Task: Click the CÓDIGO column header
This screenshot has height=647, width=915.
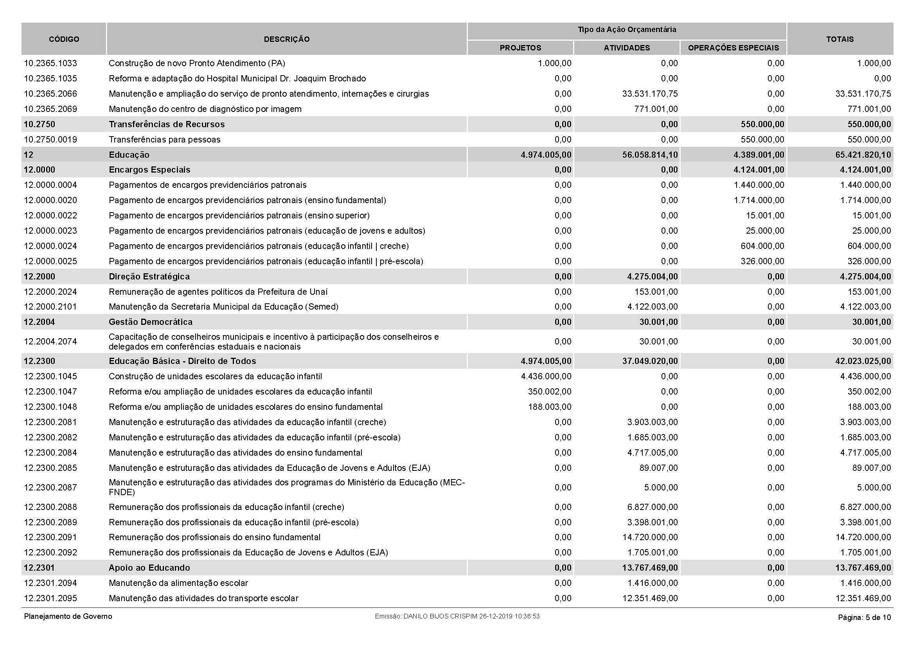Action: click(64, 39)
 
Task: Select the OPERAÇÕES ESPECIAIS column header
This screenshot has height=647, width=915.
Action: click(733, 48)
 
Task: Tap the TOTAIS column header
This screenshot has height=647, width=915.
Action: click(839, 39)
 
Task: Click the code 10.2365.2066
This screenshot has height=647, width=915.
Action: click(50, 94)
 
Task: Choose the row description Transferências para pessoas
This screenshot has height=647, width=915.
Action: click(164, 139)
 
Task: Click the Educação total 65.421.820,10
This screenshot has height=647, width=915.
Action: click(863, 155)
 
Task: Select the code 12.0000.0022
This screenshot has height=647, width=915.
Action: click(50, 215)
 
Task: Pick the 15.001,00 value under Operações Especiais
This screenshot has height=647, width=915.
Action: click(765, 215)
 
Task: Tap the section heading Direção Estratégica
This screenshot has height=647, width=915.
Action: click(149, 276)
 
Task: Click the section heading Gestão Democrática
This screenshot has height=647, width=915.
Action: click(150, 322)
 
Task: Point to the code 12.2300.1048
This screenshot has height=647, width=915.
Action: click(50, 407)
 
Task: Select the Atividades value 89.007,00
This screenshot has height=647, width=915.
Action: click(658, 468)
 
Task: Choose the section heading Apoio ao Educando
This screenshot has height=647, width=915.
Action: click(149, 568)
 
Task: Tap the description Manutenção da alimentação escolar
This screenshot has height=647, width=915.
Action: click(178, 583)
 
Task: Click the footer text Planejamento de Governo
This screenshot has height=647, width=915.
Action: click(68, 616)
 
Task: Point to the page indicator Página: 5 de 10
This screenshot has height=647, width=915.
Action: click(864, 618)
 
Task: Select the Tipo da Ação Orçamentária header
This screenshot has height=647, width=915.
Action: click(626, 29)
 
